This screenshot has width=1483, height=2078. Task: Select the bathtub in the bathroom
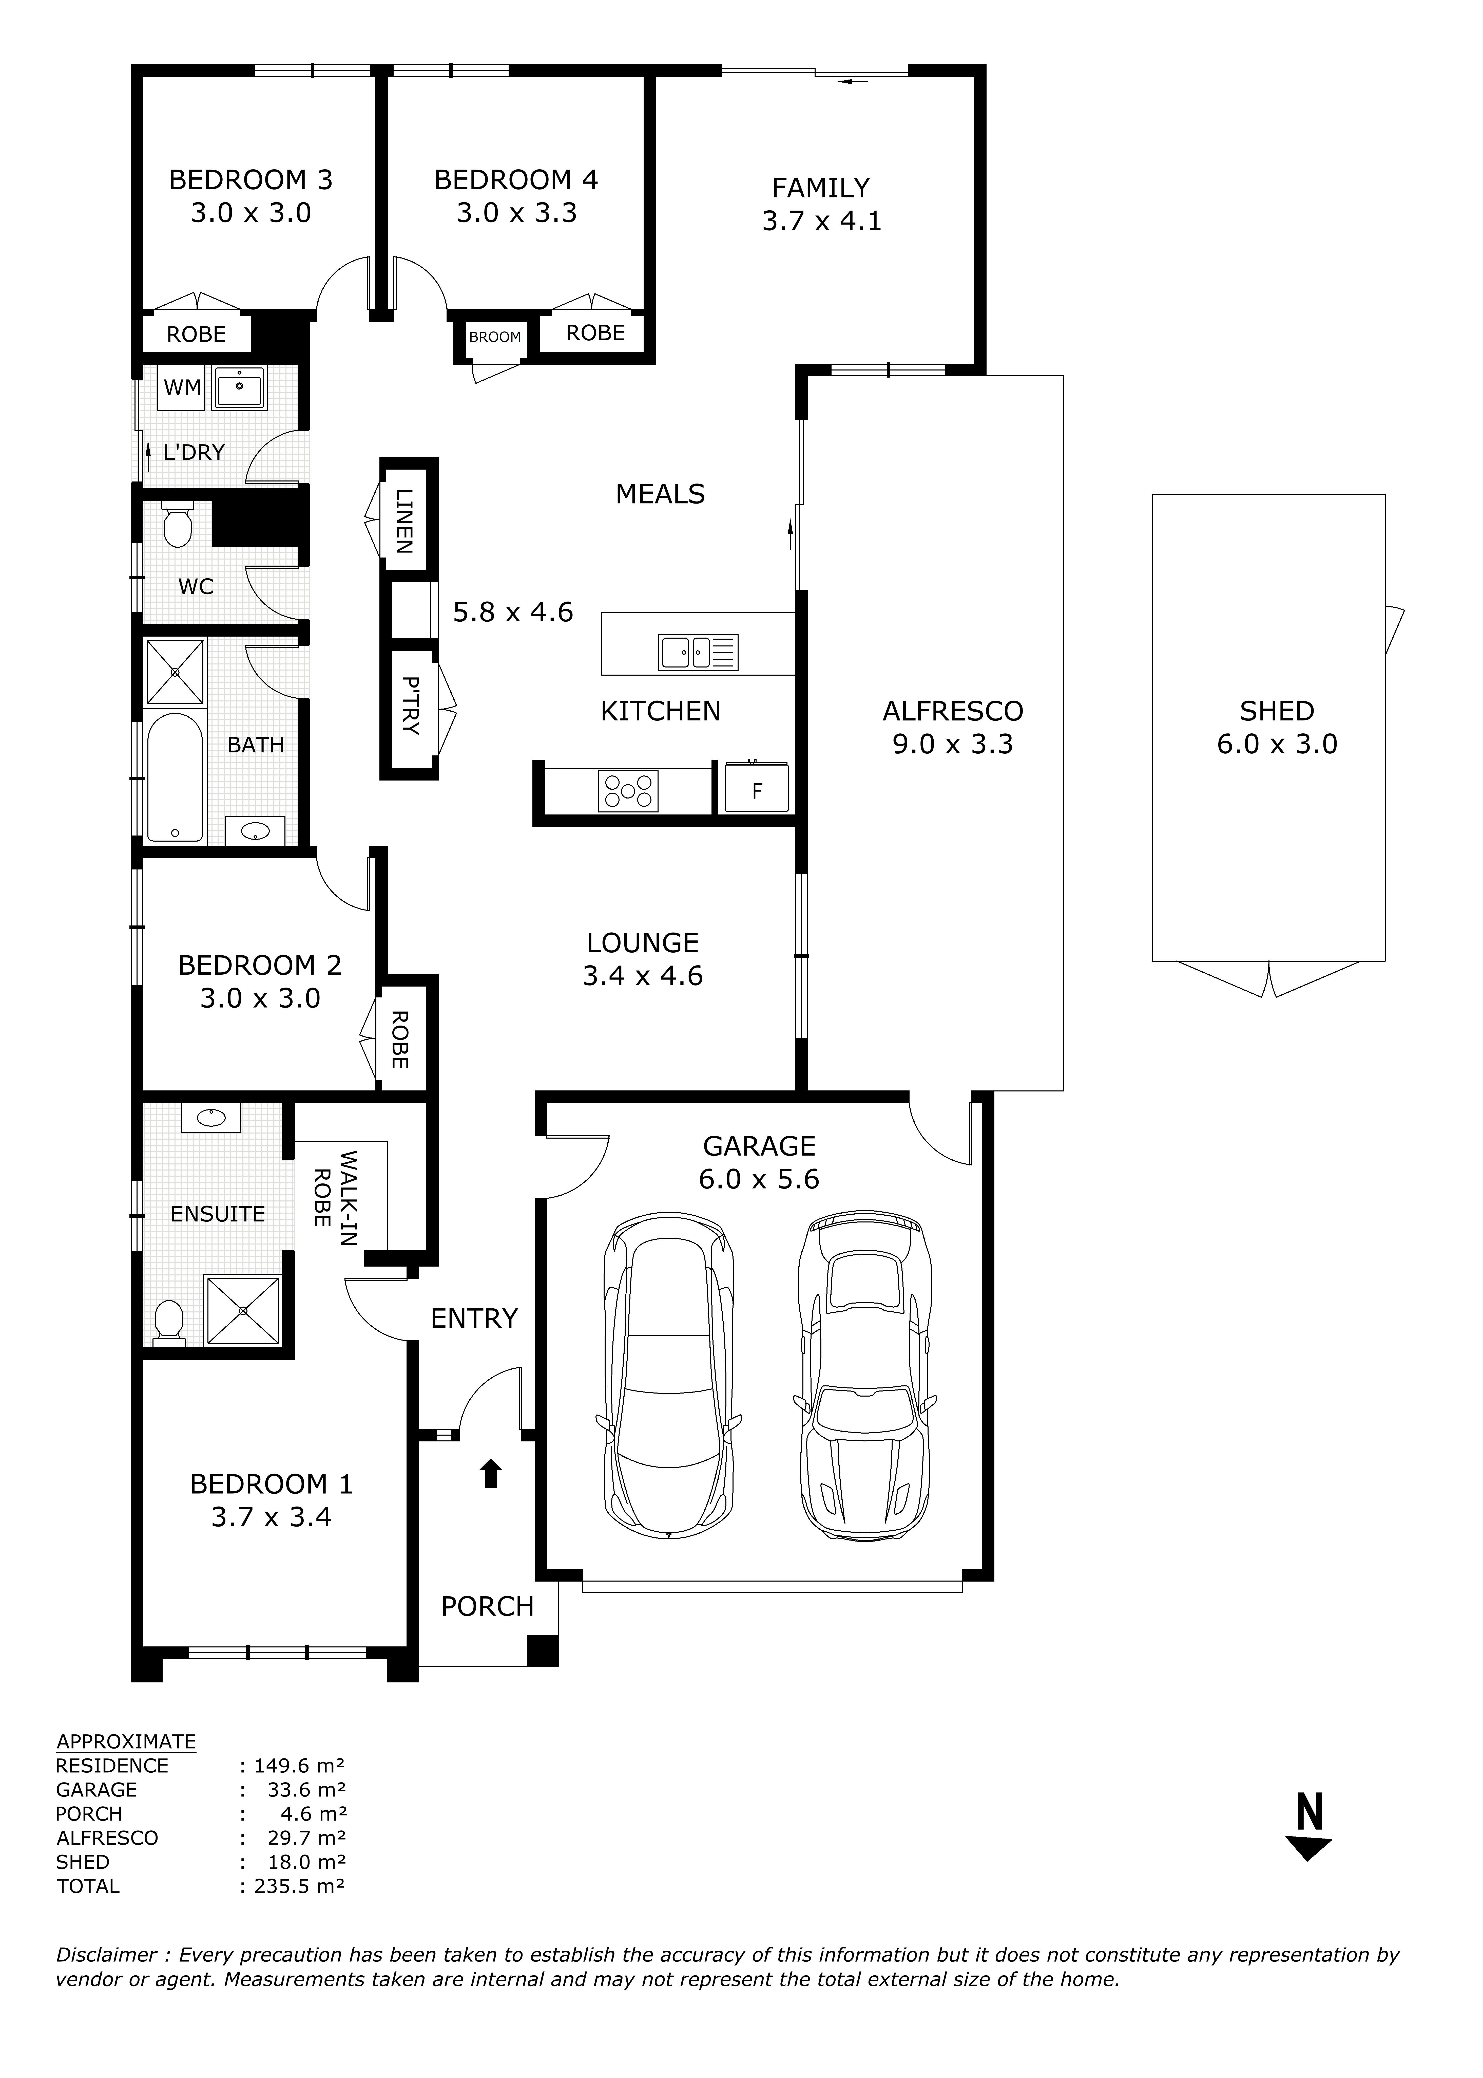pyautogui.click(x=175, y=776)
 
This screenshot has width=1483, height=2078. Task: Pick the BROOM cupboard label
pyautogui.click(x=495, y=337)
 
